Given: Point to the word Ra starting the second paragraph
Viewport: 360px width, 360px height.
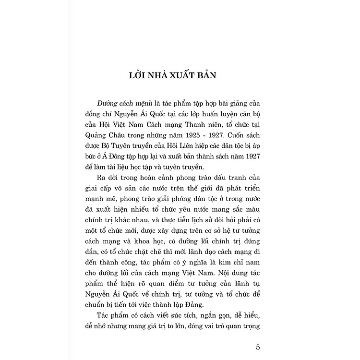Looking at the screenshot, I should tap(101, 178).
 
